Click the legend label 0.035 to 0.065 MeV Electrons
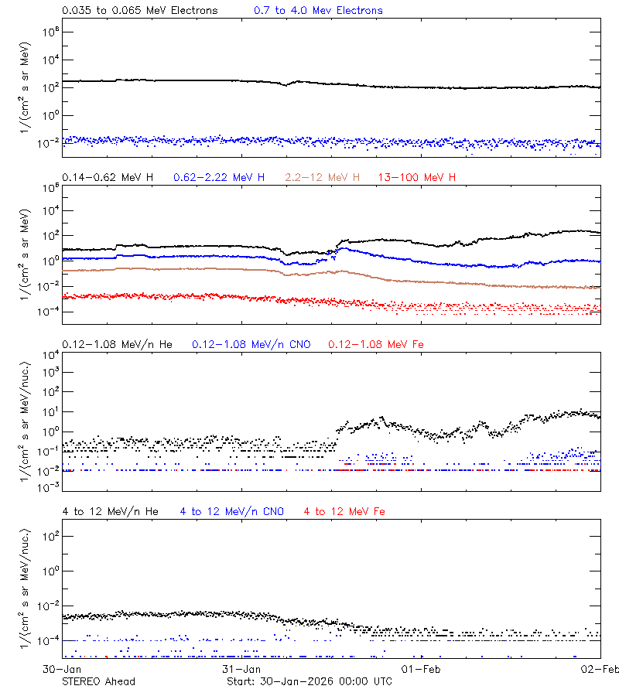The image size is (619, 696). point(139,11)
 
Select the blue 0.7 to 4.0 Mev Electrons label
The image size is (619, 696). point(318,11)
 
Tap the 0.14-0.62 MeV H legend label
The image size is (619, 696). point(108,178)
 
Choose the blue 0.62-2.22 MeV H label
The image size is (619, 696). point(219,178)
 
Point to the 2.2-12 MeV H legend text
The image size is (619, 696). point(323,178)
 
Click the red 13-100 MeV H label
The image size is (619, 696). point(417,178)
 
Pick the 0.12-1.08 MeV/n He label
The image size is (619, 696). point(120,344)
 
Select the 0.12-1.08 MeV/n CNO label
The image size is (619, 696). point(251,344)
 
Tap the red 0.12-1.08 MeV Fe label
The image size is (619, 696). point(376,344)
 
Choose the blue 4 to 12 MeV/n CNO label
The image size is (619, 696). point(232,512)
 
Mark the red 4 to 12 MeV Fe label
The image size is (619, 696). point(344,512)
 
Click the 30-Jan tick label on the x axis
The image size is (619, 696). point(62,669)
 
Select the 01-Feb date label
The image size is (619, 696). point(421,669)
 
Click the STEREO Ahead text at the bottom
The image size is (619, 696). point(98,681)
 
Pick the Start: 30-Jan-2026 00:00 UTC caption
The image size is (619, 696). point(309,681)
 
